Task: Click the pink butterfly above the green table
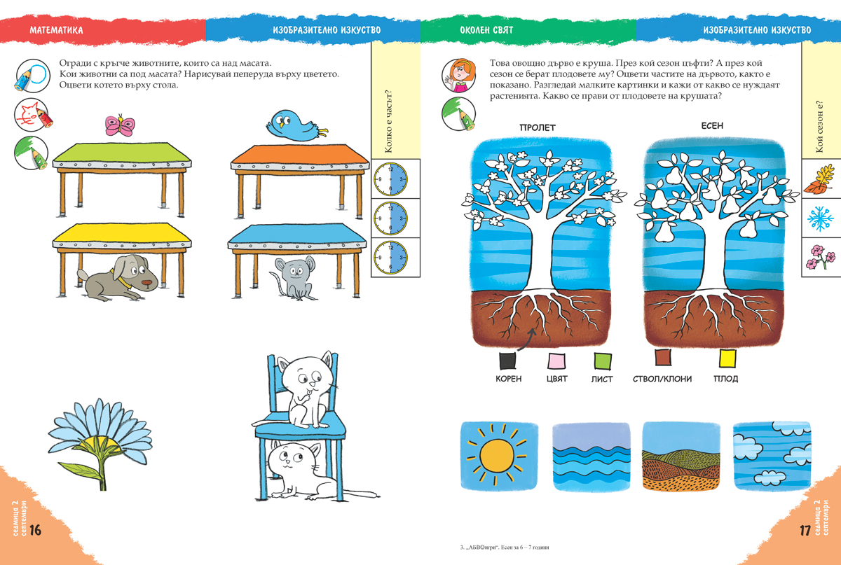[119, 125]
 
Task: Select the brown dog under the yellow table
[118, 278]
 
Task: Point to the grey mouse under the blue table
[294, 278]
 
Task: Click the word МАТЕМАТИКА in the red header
[56, 30]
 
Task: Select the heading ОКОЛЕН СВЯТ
[486, 30]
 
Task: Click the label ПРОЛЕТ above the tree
[538, 127]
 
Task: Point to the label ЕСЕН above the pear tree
[712, 126]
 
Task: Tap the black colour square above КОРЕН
[507, 361]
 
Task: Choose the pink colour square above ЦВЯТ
[556, 361]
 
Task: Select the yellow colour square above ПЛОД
[727, 358]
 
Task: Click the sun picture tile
[499, 456]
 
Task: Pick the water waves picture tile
[592, 457]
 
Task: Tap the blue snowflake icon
[821, 218]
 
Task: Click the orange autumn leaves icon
[821, 179]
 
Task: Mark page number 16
[35, 530]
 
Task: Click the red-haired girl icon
[458, 76]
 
